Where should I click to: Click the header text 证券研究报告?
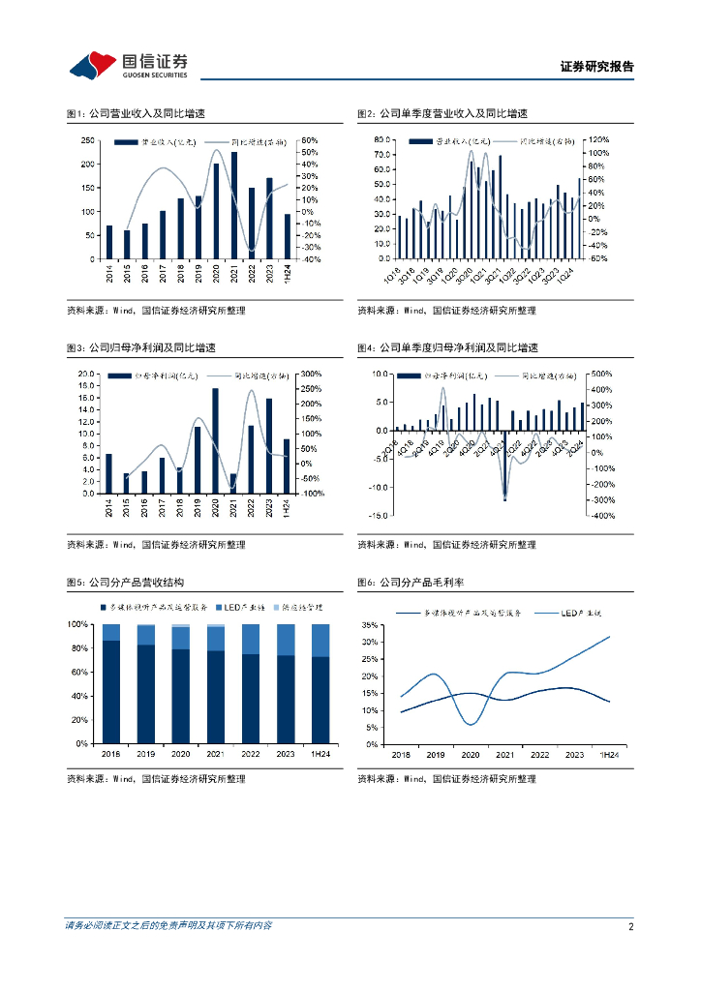[596, 67]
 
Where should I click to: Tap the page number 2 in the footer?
[630, 926]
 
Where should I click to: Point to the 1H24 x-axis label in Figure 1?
[287, 273]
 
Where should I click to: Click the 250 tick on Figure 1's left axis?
[87, 140]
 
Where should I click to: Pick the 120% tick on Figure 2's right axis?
[599, 139]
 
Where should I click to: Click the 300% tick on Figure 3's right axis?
[311, 374]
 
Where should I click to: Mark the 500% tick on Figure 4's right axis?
[600, 374]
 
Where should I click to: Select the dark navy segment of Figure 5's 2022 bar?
[251, 699]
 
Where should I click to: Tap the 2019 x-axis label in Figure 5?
[145, 754]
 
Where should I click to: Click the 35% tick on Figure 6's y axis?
[369, 624]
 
